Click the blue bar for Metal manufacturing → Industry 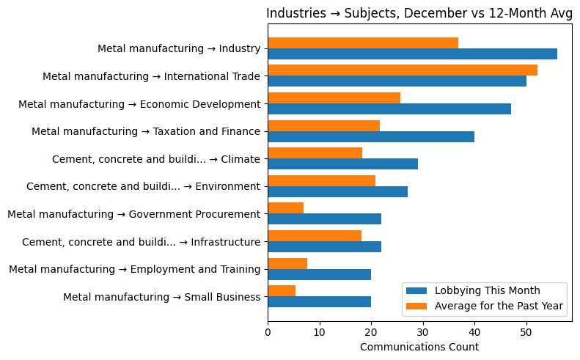pos(412,54)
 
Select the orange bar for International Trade pos(402,70)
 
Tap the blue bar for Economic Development pos(389,109)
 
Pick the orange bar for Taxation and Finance pos(323,125)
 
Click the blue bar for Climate pos(342,164)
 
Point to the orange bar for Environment pos(321,181)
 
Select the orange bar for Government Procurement pos(285,208)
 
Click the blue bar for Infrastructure pos(324,247)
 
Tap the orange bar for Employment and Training pos(287,264)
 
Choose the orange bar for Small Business pos(282,291)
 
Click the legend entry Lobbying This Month pos(487,290)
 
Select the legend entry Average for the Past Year pos(499,306)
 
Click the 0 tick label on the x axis pos(268,332)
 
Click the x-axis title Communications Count pos(419,347)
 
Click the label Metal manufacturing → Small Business pos(161,297)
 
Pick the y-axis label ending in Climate pos(155,159)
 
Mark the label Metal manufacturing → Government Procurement pos(133,214)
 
